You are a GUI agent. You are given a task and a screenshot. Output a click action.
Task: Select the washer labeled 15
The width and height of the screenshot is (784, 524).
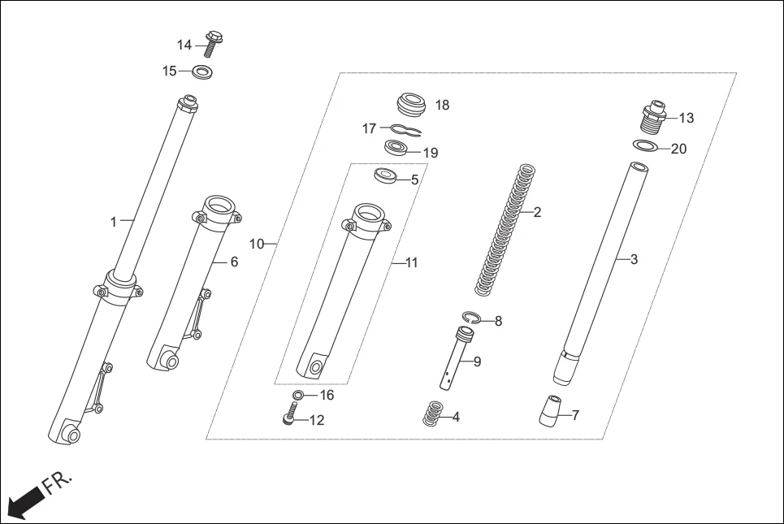pos(200,72)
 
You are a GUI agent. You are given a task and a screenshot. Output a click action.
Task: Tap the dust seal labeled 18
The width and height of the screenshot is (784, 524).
pos(414,106)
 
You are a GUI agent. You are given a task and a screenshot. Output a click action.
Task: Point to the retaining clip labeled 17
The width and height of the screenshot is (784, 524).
pos(405,130)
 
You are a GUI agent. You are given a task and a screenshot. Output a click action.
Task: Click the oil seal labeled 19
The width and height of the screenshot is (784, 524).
pos(396,149)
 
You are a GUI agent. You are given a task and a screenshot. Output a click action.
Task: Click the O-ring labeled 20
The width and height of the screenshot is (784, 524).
pos(646,146)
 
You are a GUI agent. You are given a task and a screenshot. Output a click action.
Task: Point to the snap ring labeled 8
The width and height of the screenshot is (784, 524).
pos(473,318)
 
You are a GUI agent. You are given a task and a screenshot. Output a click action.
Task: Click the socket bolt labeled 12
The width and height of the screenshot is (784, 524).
pos(288,418)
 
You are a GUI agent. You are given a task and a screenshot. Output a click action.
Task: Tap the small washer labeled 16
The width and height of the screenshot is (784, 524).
pos(299,396)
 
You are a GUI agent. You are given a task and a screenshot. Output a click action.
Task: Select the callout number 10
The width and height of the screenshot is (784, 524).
pos(257,244)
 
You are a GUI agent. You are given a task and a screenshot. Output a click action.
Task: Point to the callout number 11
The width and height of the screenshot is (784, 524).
pos(411,262)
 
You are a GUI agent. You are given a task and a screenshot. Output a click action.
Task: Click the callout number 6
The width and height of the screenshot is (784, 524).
pos(234,262)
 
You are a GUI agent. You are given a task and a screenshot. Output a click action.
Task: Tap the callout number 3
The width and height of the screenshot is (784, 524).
pos(634,259)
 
